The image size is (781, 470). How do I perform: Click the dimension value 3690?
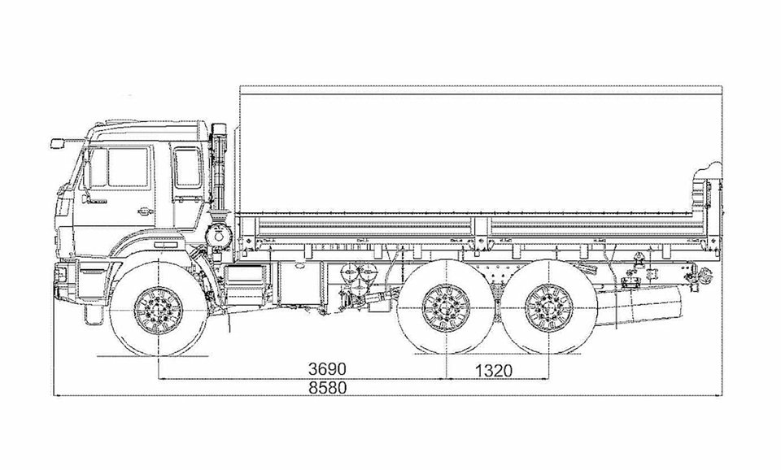coord(327,369)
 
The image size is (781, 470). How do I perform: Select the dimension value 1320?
coord(493,371)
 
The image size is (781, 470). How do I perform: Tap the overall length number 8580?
coord(327,388)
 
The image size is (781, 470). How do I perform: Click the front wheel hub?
coord(159,311)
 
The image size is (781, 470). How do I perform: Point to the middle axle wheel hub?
coord(446,307)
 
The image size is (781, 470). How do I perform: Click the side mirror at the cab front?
coord(58,143)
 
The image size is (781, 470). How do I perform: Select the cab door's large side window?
coord(128,168)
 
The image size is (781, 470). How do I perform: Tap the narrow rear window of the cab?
coord(187,168)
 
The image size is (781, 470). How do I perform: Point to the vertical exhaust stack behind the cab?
coord(218,165)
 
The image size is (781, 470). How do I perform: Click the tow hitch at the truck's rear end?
coord(703,275)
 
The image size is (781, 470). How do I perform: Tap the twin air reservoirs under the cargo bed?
coord(358,273)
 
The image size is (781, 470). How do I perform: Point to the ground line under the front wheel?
coord(153,356)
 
